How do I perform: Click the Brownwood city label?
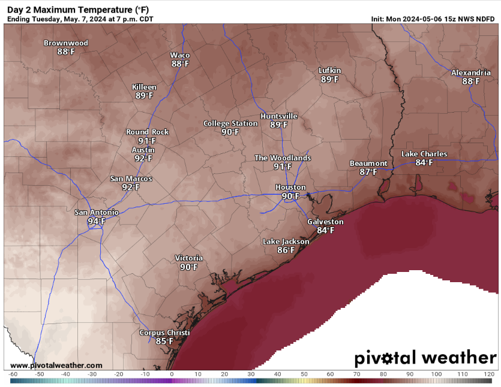[x=66, y=43]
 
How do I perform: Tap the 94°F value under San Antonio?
[x=96, y=221]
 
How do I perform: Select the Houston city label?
[x=291, y=188]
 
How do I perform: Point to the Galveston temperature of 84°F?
[x=325, y=230]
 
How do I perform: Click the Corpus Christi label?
[x=164, y=332]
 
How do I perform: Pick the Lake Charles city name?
[x=424, y=154]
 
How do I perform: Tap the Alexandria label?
[x=471, y=72]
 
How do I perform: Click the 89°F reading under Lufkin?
[x=329, y=79]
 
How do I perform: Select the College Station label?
[x=230, y=123]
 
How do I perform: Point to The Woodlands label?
[x=283, y=158]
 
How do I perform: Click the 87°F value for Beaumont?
[x=368, y=172]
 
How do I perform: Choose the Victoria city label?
[x=189, y=258]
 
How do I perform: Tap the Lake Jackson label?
[x=286, y=241]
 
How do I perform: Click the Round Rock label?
[x=147, y=132]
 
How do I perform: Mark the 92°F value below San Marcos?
[x=130, y=187]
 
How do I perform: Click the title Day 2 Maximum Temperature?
[x=78, y=10]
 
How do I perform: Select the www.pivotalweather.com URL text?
[x=56, y=365]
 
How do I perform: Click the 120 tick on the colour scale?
[x=489, y=374]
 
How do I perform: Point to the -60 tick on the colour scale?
[x=13, y=374]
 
